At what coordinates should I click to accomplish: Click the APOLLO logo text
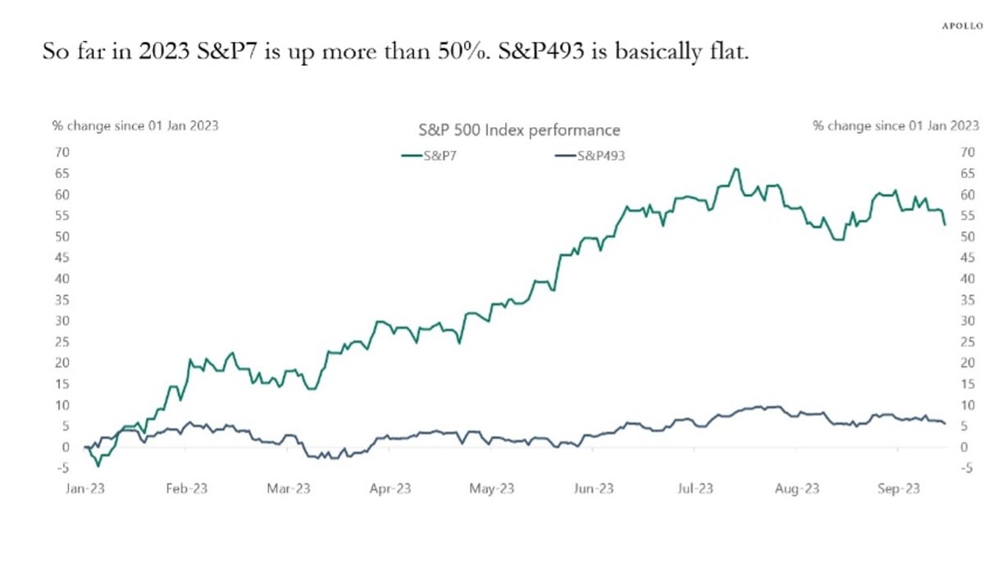point(960,25)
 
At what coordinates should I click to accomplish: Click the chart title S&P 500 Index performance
point(514,130)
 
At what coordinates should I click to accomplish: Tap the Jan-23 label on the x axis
point(85,488)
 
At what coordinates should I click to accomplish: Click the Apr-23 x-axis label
point(390,488)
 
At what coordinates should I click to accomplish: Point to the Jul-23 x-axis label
point(694,488)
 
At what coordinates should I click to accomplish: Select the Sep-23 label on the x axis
point(898,488)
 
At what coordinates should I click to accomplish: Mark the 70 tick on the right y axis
point(967,152)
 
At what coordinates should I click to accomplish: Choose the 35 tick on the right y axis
point(967,300)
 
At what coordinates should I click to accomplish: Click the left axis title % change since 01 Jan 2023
point(135,126)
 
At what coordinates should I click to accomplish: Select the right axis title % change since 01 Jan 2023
point(895,126)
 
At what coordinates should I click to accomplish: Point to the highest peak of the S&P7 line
point(736,169)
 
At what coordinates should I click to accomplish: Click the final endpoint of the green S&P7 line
point(945,224)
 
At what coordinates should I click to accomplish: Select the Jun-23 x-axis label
point(593,488)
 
